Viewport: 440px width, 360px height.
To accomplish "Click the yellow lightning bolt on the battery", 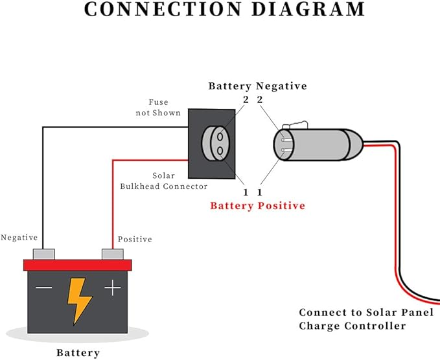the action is (x=79, y=300).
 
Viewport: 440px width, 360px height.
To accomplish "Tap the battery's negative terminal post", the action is (x=44, y=254).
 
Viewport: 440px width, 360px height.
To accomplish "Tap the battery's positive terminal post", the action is (x=113, y=254).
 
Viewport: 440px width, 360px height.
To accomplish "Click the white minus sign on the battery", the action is (x=44, y=287).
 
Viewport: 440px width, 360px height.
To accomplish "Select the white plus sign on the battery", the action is (x=113, y=287).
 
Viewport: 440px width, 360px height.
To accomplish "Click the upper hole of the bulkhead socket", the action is (x=220, y=137).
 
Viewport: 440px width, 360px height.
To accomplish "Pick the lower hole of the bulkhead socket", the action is (x=220, y=151).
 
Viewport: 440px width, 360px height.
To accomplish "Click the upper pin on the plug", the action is (x=286, y=139).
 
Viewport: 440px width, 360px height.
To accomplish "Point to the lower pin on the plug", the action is (x=286, y=151).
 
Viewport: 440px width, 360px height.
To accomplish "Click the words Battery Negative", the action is (x=258, y=86).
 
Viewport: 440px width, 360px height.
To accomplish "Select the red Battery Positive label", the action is (x=258, y=206).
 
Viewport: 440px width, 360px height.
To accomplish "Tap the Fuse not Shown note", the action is (x=158, y=107).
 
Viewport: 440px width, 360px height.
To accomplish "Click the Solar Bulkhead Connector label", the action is (x=163, y=181).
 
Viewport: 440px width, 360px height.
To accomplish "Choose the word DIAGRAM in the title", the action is (x=308, y=9).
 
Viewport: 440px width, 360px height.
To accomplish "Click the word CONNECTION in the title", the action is (x=163, y=9).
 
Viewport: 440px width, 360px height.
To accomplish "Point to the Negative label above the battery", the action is (x=19, y=238).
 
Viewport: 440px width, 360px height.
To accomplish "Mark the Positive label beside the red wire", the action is (x=135, y=239).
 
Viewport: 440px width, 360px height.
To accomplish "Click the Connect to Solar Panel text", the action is (x=366, y=312).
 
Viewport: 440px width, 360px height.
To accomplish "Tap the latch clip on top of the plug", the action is (x=295, y=125).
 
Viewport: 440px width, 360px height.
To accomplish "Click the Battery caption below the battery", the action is (x=78, y=353).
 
